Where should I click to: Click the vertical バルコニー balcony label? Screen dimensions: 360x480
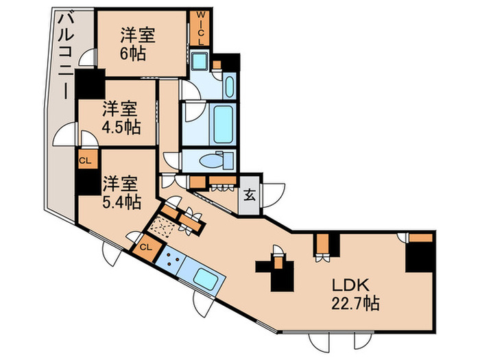click(64, 55)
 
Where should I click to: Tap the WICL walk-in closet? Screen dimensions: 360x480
click(201, 28)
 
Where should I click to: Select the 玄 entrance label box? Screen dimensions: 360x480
click(250, 193)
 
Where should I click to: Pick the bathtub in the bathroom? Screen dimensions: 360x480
click(222, 123)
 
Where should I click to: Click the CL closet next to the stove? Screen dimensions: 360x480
click(146, 248)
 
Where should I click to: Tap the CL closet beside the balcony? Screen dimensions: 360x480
click(85, 160)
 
